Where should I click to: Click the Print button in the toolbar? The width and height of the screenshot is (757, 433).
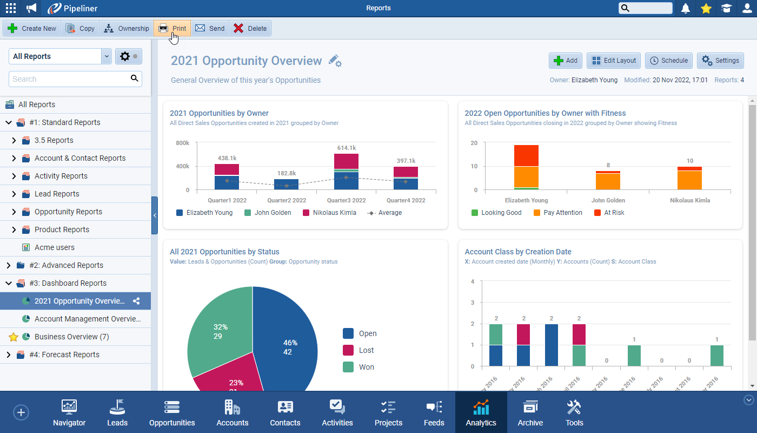172,29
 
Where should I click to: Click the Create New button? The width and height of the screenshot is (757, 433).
32,29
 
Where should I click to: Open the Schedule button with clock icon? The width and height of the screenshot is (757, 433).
668,61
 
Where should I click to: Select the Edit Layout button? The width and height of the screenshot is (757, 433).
614,61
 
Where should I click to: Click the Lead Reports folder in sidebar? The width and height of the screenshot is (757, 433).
57,194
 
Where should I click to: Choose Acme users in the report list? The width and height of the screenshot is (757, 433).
54,247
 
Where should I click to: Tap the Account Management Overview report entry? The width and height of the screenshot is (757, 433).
87,319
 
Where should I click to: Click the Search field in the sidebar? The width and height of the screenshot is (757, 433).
69,79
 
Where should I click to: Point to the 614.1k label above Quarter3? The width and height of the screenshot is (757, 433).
346,148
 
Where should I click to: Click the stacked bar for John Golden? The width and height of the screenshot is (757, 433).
608,180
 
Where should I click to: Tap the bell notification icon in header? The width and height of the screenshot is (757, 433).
685,8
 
